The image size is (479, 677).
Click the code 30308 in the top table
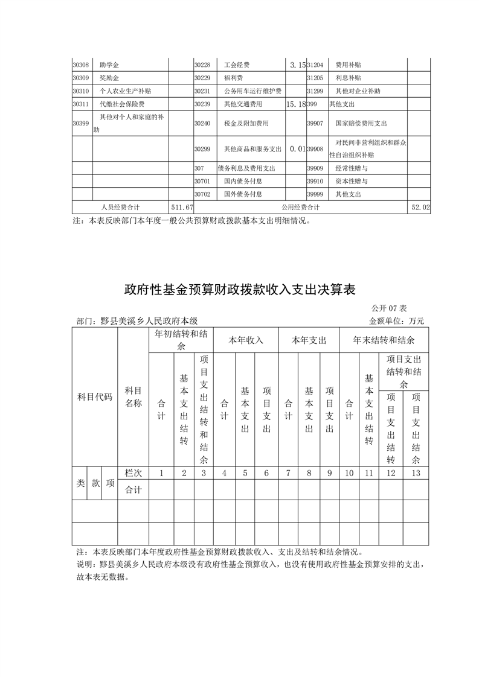click(80, 65)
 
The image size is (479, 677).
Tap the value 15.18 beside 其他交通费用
click(295, 104)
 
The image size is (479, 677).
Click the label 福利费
click(233, 78)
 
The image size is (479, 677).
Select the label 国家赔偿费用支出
click(361, 123)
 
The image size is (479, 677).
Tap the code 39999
click(315, 194)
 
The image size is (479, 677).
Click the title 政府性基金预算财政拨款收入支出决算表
click(240, 289)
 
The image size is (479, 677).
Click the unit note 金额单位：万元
click(396, 321)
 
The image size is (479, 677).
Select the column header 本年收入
click(246, 340)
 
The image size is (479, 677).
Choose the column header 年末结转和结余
click(384, 340)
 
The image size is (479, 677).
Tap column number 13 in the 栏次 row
click(415, 473)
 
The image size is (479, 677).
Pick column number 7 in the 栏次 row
click(288, 473)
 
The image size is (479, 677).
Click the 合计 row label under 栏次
click(133, 491)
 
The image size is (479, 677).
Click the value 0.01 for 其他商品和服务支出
click(295, 148)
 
